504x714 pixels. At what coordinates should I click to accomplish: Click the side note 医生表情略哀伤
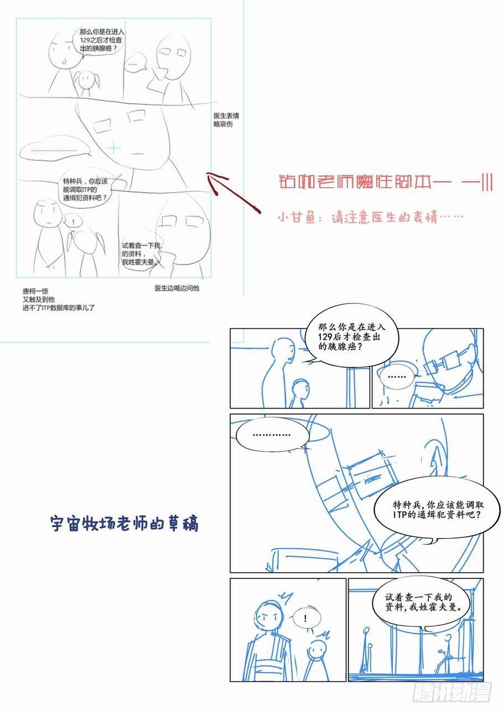coord(226,120)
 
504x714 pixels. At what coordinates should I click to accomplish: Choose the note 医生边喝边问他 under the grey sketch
coord(177,288)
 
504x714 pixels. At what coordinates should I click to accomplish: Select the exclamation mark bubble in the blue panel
coord(305,618)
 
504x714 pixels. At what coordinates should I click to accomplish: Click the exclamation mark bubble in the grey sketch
coord(71,220)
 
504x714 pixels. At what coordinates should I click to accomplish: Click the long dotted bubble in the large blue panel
coord(272,434)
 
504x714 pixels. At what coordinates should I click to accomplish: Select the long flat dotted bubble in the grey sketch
coord(54,151)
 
